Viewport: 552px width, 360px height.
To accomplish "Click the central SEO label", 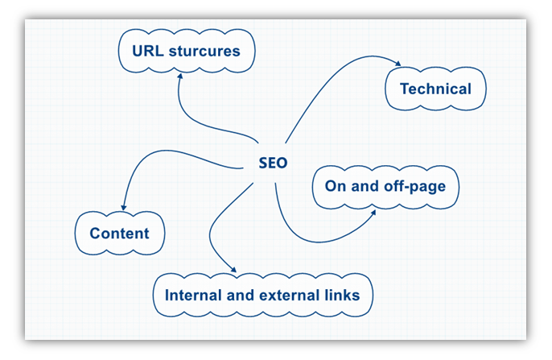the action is pos(273,163).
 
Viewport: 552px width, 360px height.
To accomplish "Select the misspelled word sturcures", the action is pos(204,51).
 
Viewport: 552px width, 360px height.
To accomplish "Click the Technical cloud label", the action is pos(435,89).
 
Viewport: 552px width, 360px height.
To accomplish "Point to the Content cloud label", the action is pos(119,234).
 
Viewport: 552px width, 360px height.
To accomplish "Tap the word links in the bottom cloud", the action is pos(342,296).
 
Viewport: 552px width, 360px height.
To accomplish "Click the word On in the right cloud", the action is pos(336,186).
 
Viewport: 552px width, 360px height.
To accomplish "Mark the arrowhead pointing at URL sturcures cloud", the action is pos(180,76).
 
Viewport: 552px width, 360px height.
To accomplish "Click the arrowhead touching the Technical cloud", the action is pos(398,64).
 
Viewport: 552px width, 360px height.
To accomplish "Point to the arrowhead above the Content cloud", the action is pos(124,208).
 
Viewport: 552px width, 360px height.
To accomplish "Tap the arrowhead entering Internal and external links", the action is pos(233,270).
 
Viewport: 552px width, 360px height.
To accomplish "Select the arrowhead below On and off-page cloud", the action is pos(373,213).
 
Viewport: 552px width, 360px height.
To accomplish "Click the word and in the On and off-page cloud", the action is pos(365,186).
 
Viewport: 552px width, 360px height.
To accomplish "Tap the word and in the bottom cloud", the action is pos(241,296).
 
